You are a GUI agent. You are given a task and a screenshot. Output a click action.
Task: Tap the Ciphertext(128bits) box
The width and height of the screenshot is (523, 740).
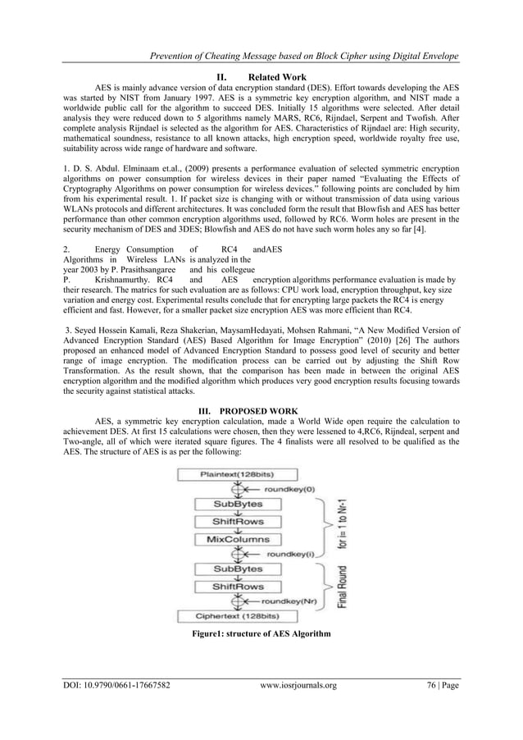[239, 616]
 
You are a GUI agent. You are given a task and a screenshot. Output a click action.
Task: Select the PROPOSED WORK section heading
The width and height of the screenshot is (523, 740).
[276, 407]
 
